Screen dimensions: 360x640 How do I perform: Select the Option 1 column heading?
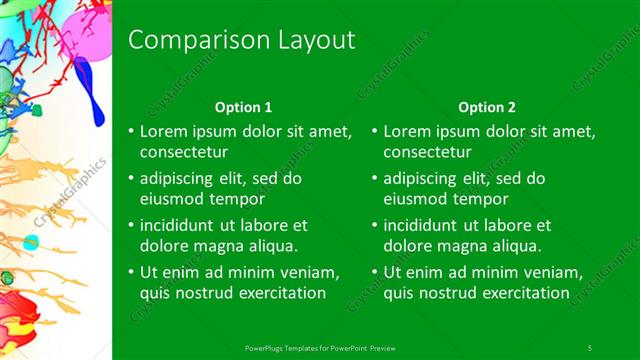pyautogui.click(x=243, y=107)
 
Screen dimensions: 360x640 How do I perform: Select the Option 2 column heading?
pyautogui.click(x=487, y=107)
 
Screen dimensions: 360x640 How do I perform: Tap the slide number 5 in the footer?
pyautogui.click(x=590, y=347)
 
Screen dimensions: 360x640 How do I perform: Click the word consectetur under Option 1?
pyautogui.click(x=183, y=153)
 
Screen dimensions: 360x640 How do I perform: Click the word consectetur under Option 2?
pyautogui.click(x=427, y=153)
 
